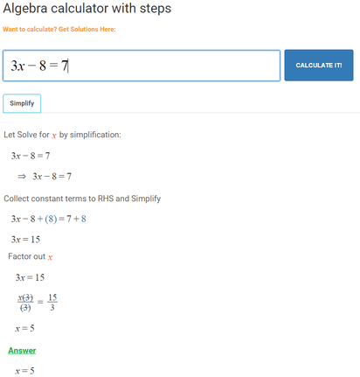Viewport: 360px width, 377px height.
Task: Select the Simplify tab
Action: (22, 103)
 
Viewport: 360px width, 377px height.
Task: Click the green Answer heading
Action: (22, 351)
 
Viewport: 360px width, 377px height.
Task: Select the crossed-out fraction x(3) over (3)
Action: (25, 303)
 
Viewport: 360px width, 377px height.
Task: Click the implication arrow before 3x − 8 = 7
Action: (23, 176)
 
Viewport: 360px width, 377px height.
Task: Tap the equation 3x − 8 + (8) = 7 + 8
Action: (60, 218)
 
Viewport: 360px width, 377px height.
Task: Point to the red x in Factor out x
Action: (50, 257)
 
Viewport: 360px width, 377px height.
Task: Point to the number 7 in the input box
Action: (64, 66)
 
